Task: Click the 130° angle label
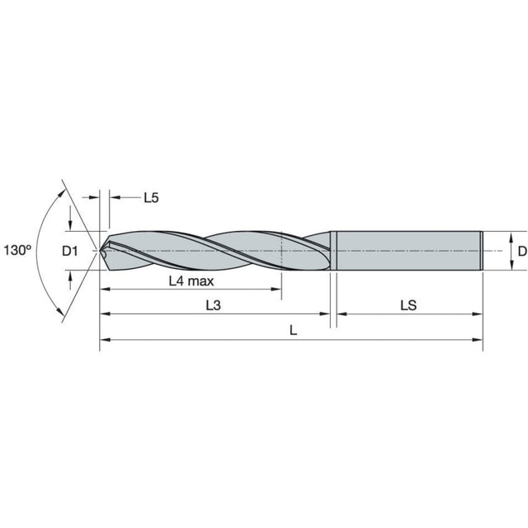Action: (17, 250)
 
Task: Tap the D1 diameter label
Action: (70, 251)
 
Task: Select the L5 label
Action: (151, 198)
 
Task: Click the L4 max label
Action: (191, 280)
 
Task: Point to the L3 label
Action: (214, 305)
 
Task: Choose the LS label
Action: (408, 305)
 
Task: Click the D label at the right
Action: (522, 251)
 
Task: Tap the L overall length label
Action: (294, 331)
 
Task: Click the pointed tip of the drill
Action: (101, 251)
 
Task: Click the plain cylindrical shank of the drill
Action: (409, 251)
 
